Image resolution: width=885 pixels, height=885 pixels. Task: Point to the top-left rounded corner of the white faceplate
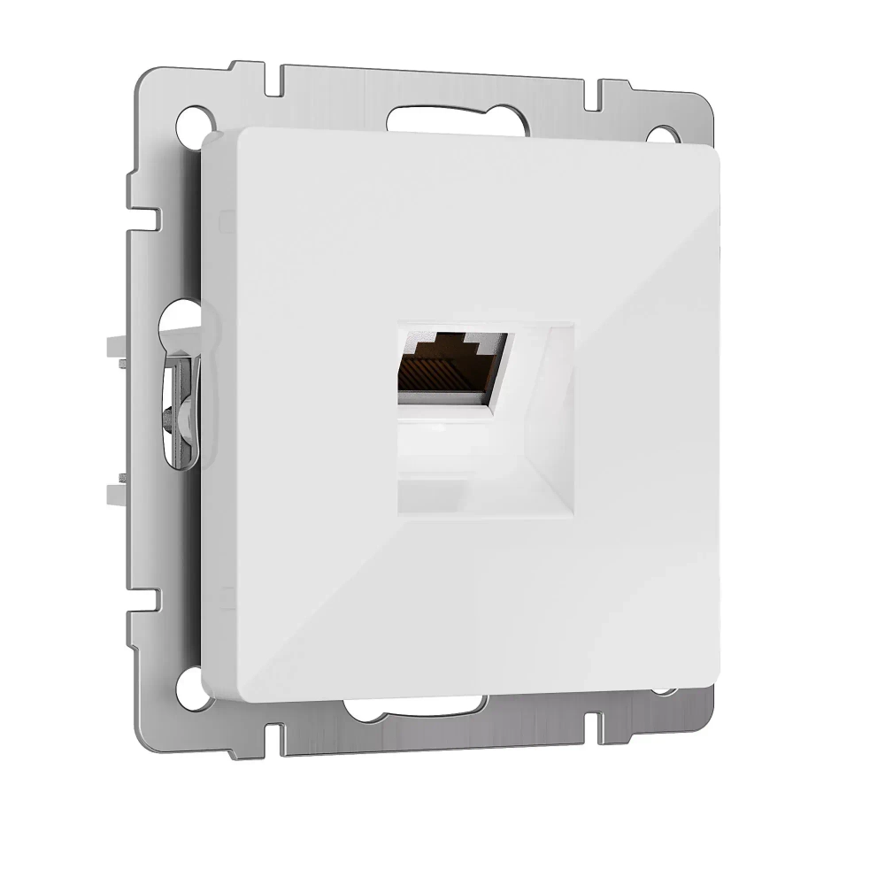(218, 142)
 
